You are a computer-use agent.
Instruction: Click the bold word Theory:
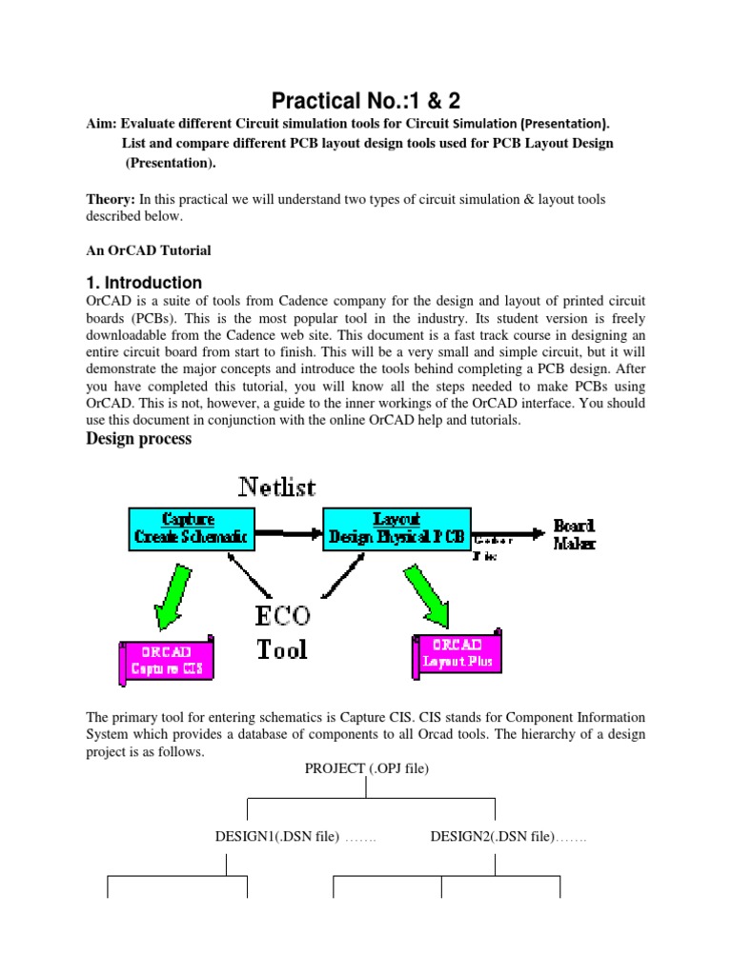[111, 199]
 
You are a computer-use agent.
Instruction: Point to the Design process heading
[139, 439]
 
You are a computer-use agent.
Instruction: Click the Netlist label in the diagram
[276, 487]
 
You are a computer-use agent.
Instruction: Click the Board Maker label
[575, 534]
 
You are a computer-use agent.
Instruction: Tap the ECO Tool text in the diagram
[282, 633]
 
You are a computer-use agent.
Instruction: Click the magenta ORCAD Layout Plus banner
[457, 652]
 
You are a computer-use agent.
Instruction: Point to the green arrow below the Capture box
[173, 593]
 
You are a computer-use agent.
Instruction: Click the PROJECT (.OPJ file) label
[367, 768]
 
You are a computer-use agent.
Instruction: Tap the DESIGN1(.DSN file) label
[276, 837]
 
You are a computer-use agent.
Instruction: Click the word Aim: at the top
[102, 124]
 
